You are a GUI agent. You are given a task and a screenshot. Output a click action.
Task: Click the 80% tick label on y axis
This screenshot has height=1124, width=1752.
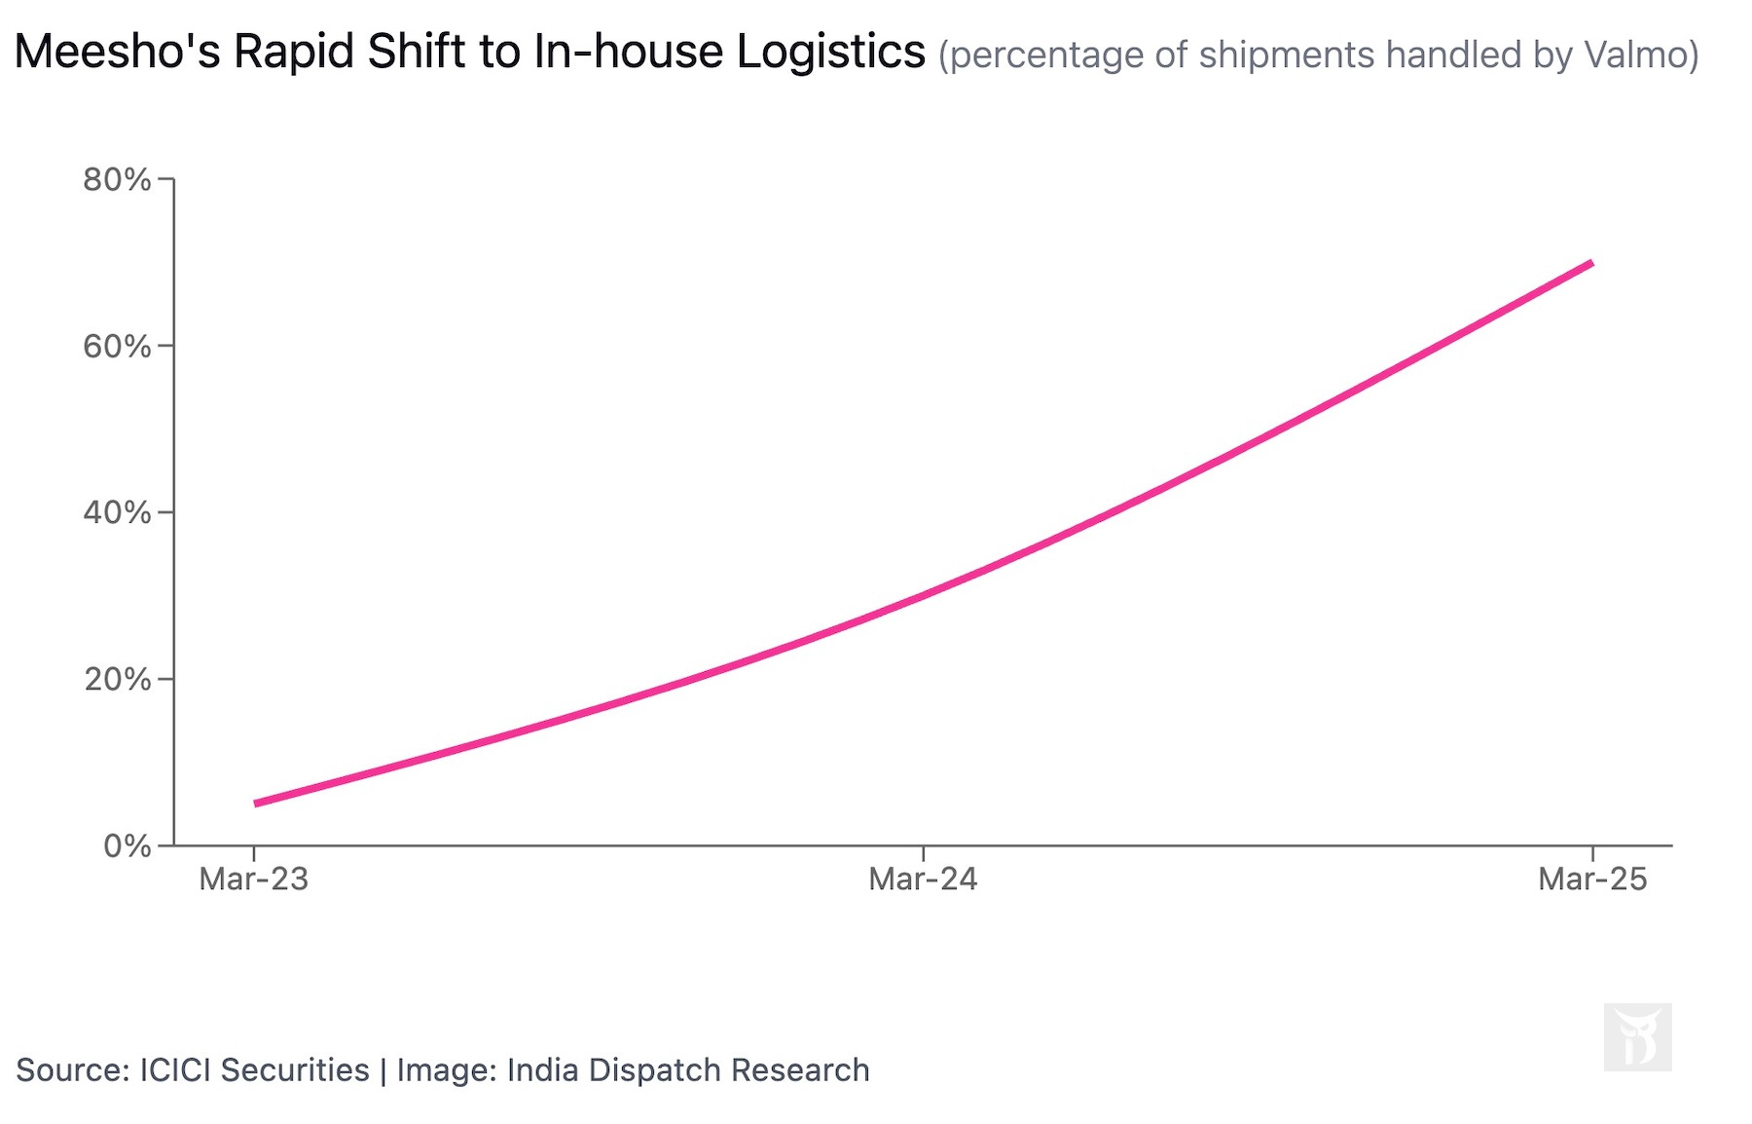pyautogui.click(x=117, y=179)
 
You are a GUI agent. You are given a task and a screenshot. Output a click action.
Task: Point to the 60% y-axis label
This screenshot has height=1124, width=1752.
pyautogui.click(x=117, y=346)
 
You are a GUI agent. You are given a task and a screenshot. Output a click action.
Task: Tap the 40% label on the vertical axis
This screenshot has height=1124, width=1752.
pyautogui.click(x=117, y=512)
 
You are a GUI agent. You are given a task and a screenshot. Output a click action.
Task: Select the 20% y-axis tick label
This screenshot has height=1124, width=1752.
pyautogui.click(x=117, y=679)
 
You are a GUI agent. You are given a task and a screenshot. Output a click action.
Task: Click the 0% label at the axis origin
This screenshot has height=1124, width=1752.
pyautogui.click(x=127, y=845)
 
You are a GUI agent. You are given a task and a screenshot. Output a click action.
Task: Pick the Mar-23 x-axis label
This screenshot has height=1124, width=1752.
pyautogui.click(x=253, y=880)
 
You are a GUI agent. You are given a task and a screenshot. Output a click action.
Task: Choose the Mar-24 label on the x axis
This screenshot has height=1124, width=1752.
pyautogui.click(x=923, y=880)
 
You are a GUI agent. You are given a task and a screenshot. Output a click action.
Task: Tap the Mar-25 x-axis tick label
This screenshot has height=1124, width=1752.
pyautogui.click(x=1592, y=880)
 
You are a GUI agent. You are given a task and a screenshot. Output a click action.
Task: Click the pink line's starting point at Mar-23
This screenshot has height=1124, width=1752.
pyautogui.click(x=255, y=804)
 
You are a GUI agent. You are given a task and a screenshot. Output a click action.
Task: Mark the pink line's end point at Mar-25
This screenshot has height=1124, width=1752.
pyautogui.click(x=1591, y=263)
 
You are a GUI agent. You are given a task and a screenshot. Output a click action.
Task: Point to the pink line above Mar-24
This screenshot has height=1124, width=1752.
pyautogui.click(x=923, y=593)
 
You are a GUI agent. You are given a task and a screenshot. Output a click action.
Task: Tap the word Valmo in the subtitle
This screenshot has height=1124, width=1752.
pyautogui.click(x=1636, y=55)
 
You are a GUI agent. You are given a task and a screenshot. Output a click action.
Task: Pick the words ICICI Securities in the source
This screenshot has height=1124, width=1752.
pyautogui.click(x=254, y=1069)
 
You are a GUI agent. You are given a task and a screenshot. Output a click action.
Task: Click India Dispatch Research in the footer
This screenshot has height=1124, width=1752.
pyautogui.click(x=687, y=1069)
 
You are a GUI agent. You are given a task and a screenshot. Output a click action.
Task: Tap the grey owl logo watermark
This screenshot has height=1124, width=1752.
pyautogui.click(x=1637, y=1037)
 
